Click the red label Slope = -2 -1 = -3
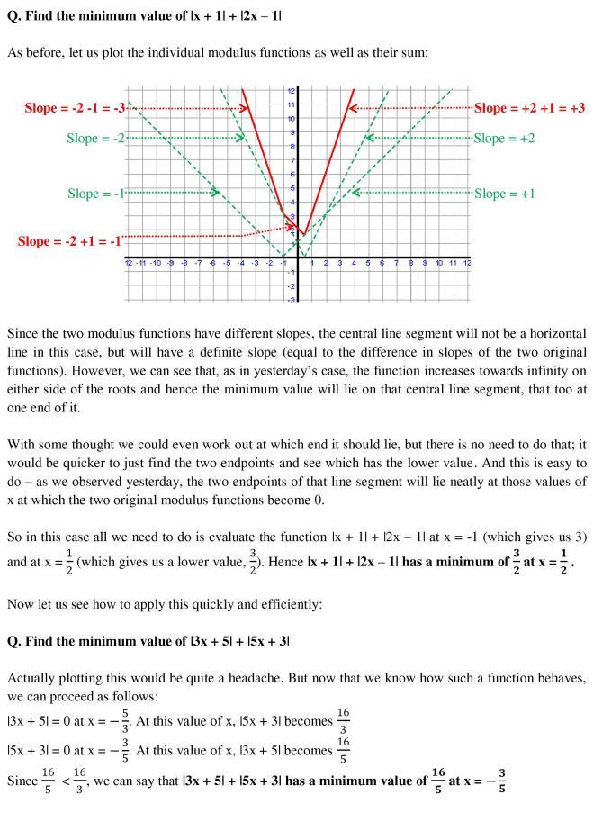pos(76,108)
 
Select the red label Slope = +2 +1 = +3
pos(529,108)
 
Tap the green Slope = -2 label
pos(96,138)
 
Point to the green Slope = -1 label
pos(96,193)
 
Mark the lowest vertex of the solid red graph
pos(304,234)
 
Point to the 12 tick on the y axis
pos(290,91)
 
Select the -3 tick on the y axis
pos(290,298)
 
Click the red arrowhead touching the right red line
pos(354,108)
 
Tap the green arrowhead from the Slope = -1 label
pos(215,193)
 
